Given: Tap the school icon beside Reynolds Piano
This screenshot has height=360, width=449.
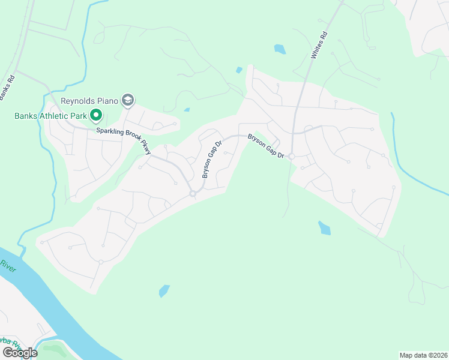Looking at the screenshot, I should tap(127, 100).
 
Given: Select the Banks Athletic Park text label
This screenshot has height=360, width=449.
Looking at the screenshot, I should tap(50, 115).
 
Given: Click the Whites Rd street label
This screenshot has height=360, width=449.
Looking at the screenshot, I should tap(318, 46).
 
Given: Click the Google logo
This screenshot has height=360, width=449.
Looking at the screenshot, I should tap(19, 353).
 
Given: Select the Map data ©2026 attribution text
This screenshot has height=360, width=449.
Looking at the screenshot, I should tap(423, 355).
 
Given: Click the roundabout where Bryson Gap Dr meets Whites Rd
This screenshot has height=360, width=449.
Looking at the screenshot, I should tap(291, 157).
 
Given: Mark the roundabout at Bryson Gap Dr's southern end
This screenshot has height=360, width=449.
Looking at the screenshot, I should tap(193, 193).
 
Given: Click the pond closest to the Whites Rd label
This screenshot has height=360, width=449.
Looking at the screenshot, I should tap(280, 49).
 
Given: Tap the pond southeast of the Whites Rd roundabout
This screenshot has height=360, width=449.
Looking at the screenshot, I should tap(324, 228).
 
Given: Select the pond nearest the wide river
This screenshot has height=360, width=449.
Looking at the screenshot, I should tap(164, 291).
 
